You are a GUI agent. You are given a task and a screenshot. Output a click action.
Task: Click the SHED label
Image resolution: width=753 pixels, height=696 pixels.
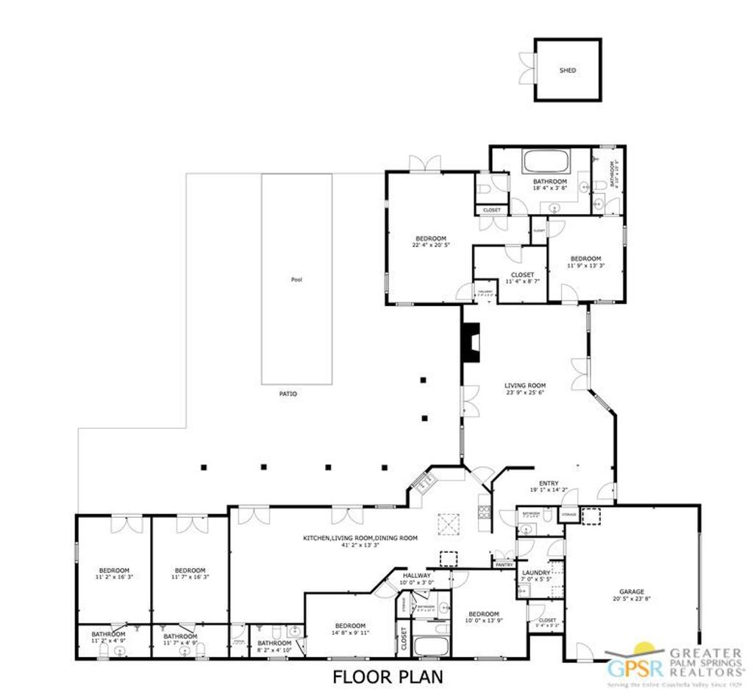(x=568, y=71)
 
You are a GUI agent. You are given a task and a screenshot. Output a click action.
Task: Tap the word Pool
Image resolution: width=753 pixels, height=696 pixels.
(x=296, y=280)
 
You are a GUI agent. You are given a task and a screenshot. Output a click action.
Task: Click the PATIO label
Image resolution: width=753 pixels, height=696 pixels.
(x=288, y=394)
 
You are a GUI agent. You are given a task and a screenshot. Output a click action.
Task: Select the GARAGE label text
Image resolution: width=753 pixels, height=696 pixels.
(x=631, y=592)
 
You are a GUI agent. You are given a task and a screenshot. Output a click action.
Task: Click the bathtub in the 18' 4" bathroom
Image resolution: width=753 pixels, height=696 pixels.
(x=545, y=161)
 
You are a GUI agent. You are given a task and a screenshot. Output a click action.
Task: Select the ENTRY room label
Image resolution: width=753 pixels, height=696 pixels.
(x=549, y=483)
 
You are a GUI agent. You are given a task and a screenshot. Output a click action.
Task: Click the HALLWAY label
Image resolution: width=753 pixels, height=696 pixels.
(x=417, y=575)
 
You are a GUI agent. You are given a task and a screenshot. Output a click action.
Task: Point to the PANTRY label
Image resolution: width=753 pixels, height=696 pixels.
(x=504, y=565)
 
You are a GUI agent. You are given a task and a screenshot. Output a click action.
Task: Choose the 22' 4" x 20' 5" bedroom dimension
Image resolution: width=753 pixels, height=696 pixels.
(x=431, y=245)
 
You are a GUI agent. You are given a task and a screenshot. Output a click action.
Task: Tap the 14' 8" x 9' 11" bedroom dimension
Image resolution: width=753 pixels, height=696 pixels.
(x=350, y=632)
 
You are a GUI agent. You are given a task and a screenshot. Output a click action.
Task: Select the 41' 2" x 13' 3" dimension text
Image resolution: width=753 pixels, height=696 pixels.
(x=360, y=545)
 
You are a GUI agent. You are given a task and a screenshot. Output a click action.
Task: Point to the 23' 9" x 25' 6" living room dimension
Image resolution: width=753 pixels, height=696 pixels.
(x=525, y=392)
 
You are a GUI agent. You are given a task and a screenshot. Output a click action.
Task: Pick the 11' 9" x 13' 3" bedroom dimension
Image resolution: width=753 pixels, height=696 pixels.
(x=585, y=266)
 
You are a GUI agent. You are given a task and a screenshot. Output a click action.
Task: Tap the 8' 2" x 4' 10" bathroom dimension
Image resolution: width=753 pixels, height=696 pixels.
(x=274, y=650)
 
